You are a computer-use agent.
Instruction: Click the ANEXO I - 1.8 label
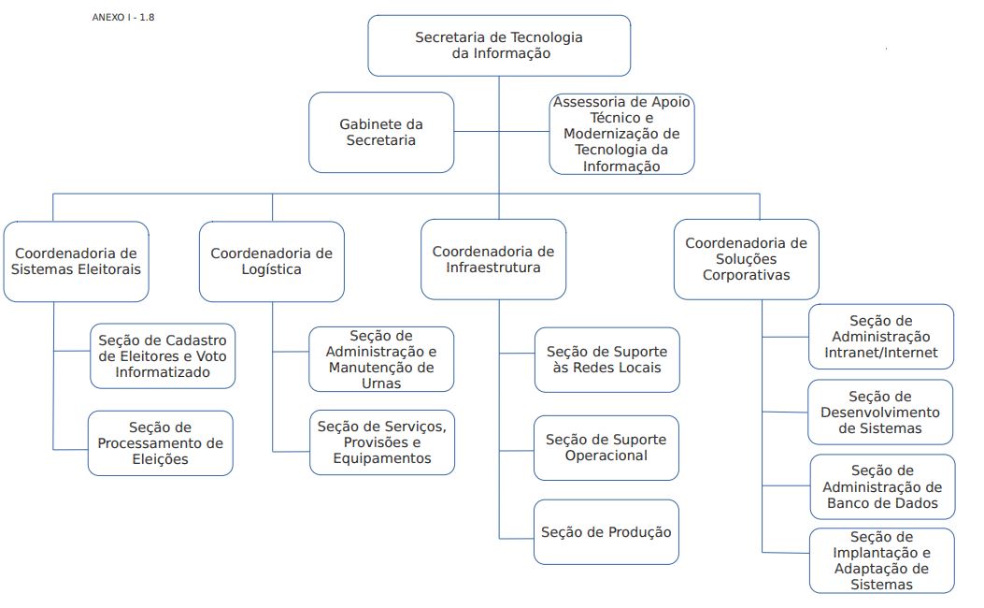click(123, 18)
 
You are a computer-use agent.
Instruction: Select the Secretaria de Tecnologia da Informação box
click(499, 46)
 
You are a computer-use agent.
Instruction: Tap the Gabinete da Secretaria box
click(381, 133)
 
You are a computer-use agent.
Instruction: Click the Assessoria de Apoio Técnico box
click(622, 134)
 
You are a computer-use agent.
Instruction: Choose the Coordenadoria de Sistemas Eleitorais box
click(76, 261)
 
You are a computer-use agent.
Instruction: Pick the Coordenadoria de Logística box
click(272, 261)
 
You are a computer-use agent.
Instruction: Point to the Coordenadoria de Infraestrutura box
click(493, 259)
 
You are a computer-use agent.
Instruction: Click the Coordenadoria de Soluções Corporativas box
click(746, 259)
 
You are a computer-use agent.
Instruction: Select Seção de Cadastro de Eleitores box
click(163, 356)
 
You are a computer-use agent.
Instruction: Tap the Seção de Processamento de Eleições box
click(160, 443)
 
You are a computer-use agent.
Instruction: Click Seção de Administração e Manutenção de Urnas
click(381, 359)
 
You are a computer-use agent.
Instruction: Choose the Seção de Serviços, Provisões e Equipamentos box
click(382, 442)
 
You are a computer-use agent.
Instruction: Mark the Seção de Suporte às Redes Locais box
click(606, 360)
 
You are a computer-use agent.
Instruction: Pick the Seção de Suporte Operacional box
click(606, 448)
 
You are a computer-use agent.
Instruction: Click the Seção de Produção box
click(606, 532)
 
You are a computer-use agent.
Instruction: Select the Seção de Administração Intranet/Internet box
click(881, 337)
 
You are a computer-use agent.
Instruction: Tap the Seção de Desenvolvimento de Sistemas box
click(880, 412)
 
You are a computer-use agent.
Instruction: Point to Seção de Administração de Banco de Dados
click(882, 486)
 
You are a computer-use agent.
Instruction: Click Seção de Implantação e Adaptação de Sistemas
click(882, 561)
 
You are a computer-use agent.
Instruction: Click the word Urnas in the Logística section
click(381, 384)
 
